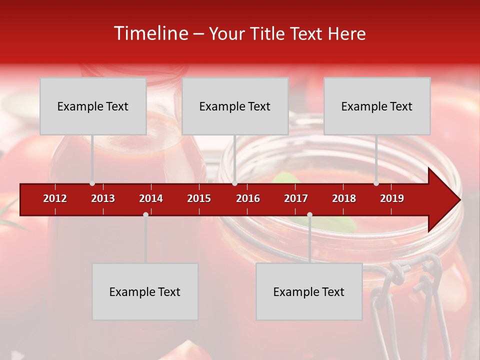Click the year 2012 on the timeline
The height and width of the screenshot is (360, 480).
click(55, 198)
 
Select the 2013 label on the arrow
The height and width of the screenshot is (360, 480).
click(103, 198)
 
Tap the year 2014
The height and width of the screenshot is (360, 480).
click(151, 198)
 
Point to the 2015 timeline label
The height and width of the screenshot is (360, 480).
click(199, 198)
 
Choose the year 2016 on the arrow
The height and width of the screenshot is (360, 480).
click(248, 198)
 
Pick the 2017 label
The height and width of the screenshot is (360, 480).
click(296, 198)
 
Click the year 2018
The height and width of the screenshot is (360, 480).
click(344, 198)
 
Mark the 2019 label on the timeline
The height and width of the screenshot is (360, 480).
click(392, 198)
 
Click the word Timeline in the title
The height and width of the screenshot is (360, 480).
click(151, 33)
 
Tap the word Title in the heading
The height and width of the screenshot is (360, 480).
click(269, 33)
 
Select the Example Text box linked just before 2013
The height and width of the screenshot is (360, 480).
click(93, 106)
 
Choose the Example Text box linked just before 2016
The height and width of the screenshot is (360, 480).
click(235, 106)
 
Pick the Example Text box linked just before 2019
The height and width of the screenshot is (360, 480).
click(377, 106)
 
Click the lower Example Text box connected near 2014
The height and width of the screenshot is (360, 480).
click(145, 291)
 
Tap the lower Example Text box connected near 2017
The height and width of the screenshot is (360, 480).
click(309, 291)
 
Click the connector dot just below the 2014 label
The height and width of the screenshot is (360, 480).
click(145, 214)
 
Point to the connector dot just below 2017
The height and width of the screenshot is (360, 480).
click(309, 214)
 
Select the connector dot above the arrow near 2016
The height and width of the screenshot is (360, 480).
click(234, 183)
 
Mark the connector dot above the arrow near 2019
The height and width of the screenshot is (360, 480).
click(376, 183)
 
